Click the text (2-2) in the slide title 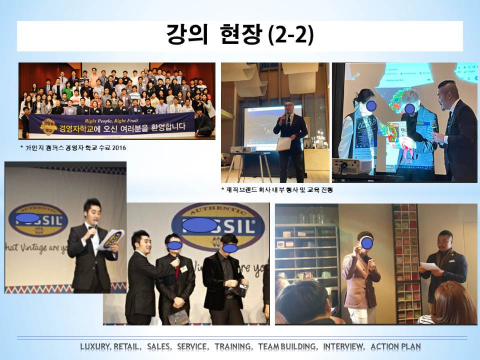tap(291, 36)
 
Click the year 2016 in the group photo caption tap(118, 148)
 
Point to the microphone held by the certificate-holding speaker tap(288, 118)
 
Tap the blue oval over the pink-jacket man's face tap(367, 243)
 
